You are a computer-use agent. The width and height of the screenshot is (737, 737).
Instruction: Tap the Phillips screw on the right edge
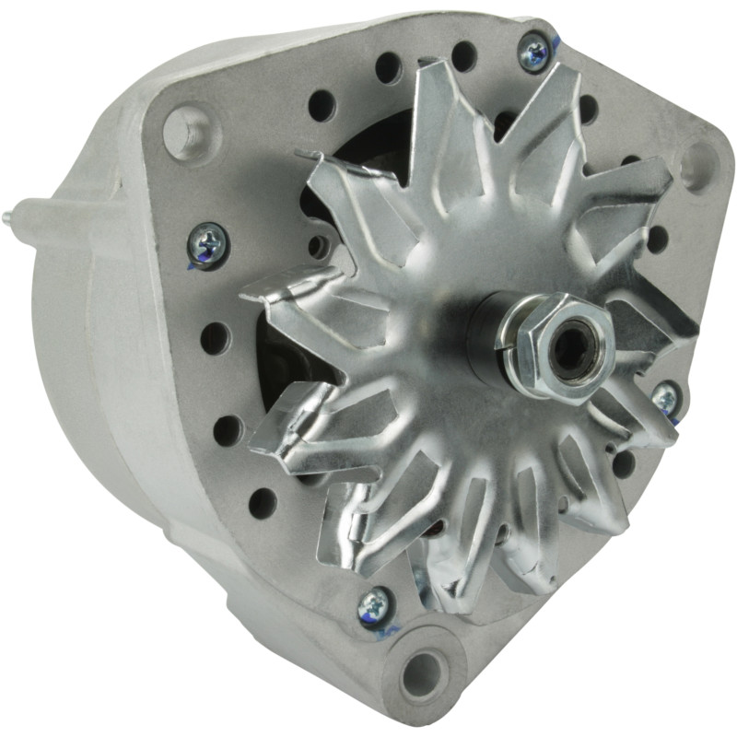[665, 399]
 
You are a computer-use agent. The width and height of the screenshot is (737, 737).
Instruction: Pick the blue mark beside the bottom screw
[387, 632]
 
